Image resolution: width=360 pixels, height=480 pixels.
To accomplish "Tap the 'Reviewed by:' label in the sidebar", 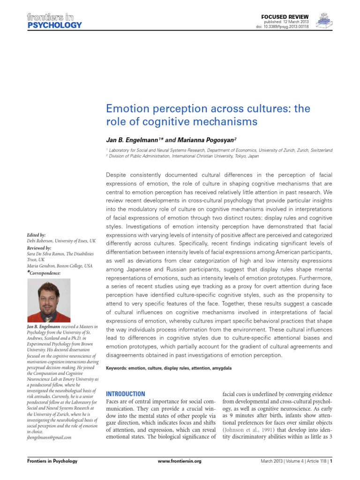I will (x=40, y=247).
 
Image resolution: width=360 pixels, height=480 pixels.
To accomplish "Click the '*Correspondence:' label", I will (x=44, y=272).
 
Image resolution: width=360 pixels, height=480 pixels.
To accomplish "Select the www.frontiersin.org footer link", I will (x=180, y=474).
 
